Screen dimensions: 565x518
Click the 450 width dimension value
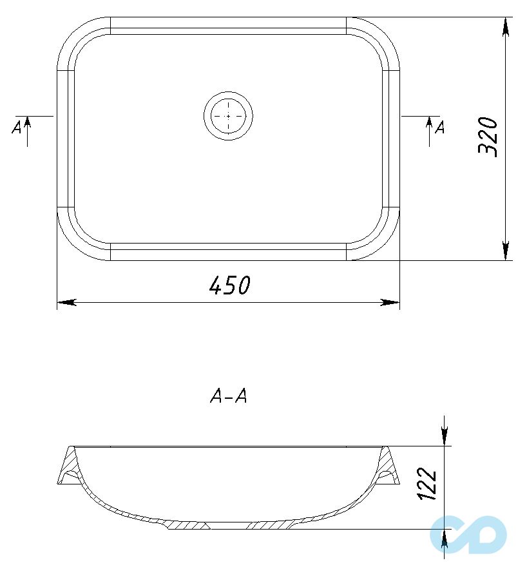click(x=229, y=285)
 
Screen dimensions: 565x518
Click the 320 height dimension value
click(x=488, y=137)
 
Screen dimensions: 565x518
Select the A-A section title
click(x=229, y=397)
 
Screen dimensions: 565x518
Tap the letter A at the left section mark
click(x=17, y=127)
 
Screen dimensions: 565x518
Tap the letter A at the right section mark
click(x=439, y=128)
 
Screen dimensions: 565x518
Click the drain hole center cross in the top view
click(x=228, y=115)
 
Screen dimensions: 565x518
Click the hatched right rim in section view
click(x=388, y=465)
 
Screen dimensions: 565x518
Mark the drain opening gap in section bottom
click(x=228, y=526)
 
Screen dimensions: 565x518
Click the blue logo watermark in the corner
click(x=468, y=534)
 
